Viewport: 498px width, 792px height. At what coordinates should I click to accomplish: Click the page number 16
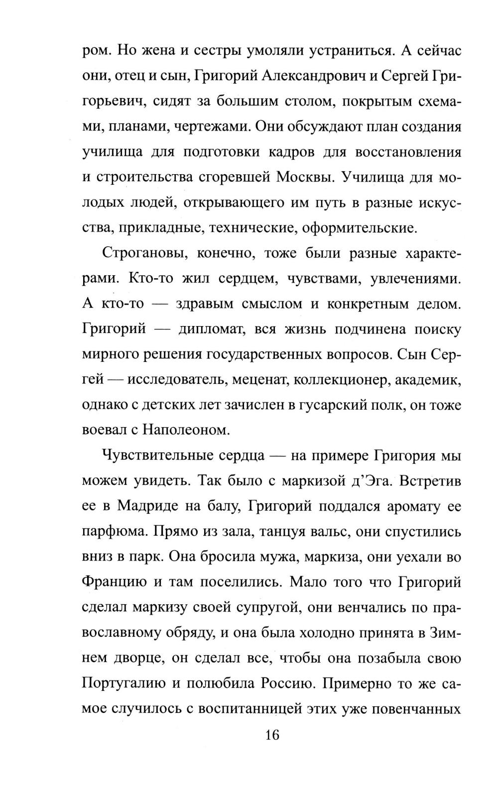coord(272,734)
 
